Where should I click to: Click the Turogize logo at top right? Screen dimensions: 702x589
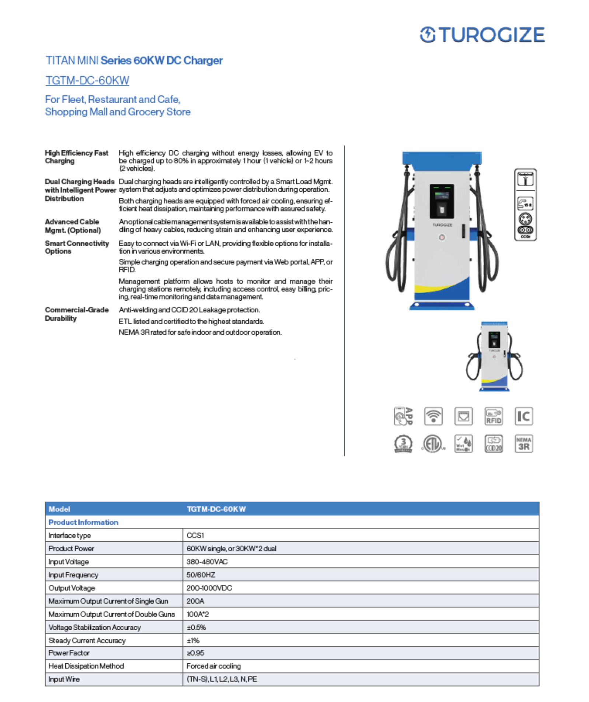[x=482, y=35]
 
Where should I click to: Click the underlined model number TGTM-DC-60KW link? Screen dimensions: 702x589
[x=87, y=80]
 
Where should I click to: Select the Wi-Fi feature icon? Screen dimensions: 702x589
[x=433, y=416]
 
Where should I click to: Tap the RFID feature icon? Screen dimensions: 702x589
[x=493, y=416]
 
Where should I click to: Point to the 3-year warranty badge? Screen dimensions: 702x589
[x=403, y=444]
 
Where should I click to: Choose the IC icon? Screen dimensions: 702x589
[x=523, y=416]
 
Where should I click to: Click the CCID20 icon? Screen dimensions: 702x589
[x=493, y=444]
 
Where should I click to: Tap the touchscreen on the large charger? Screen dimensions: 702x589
[x=442, y=202]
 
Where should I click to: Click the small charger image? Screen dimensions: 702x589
[x=494, y=356]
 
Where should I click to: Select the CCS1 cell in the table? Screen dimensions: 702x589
[x=195, y=535]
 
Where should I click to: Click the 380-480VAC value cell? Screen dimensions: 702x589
[x=207, y=561]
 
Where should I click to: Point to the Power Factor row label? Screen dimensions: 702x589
[x=69, y=653]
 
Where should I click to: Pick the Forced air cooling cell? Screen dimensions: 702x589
[x=213, y=666]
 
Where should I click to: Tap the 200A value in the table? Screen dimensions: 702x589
[x=195, y=601]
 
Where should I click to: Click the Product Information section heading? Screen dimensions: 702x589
[x=83, y=522]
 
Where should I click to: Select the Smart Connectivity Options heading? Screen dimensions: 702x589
[x=77, y=247]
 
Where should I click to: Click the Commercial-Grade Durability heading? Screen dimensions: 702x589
[x=77, y=314]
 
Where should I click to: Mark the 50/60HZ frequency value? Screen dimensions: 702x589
[x=201, y=574]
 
